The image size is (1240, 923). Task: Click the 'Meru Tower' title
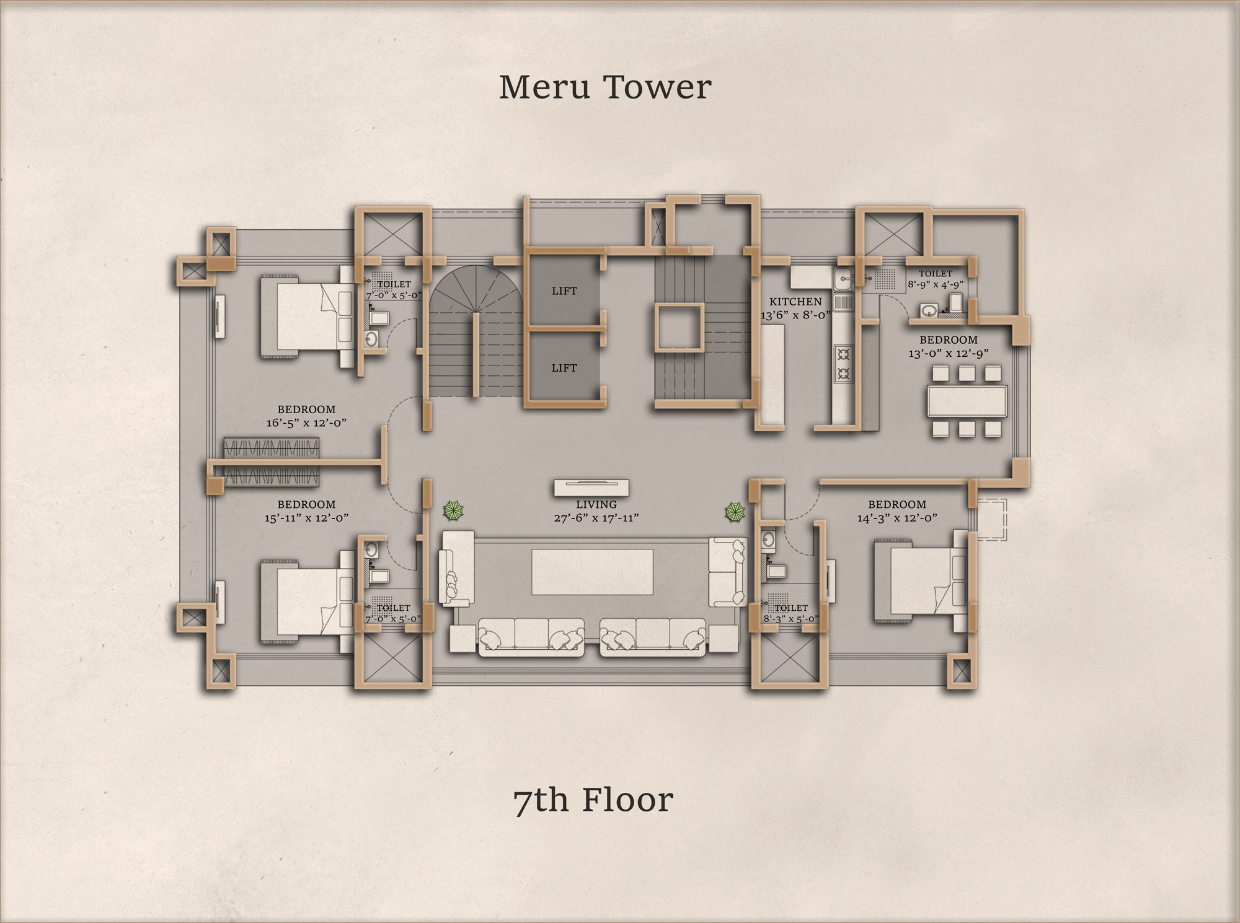(x=604, y=87)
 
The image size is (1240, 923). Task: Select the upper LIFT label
(x=564, y=291)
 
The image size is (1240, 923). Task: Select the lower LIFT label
(x=564, y=368)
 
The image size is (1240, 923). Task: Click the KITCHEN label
(x=795, y=302)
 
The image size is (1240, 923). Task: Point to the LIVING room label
(x=596, y=505)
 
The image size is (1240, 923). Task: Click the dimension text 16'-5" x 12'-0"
(x=306, y=422)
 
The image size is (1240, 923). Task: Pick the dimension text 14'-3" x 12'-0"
(x=897, y=518)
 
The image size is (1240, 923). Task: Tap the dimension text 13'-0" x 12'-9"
(x=949, y=353)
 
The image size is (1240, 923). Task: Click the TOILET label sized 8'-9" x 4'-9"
(x=936, y=273)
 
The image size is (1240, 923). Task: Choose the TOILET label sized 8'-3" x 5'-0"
(x=791, y=608)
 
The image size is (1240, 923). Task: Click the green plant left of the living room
(x=454, y=511)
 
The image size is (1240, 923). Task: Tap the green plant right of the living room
(x=736, y=512)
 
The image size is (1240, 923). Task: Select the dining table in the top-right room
(x=967, y=401)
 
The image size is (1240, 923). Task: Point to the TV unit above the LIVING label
(x=591, y=488)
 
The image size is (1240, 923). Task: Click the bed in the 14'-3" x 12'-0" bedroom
(x=920, y=581)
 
